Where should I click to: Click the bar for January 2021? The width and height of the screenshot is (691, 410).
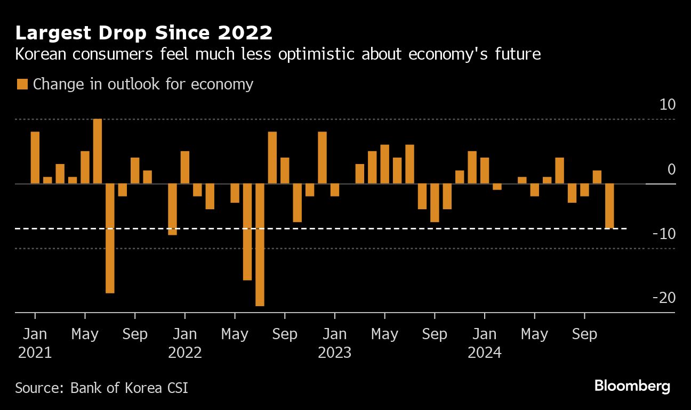pyautogui.click(x=35, y=158)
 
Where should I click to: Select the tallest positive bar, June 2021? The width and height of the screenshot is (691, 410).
pyautogui.click(x=98, y=151)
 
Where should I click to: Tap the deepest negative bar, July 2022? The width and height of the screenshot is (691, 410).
pyautogui.click(x=260, y=245)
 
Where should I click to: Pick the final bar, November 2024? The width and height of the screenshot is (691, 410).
pyautogui.click(x=609, y=206)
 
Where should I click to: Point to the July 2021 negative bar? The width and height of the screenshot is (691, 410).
pyautogui.click(x=110, y=239)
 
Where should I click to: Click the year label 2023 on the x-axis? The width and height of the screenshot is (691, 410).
pyautogui.click(x=335, y=352)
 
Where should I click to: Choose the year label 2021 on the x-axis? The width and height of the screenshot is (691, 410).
pyautogui.click(x=35, y=352)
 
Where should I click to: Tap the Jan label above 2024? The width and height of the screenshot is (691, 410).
pyautogui.click(x=485, y=334)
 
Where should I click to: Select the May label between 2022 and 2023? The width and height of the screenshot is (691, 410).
pyautogui.click(x=235, y=334)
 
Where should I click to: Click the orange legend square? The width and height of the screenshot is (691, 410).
pyautogui.click(x=22, y=84)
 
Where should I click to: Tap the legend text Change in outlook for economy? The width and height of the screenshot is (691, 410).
pyautogui.click(x=143, y=84)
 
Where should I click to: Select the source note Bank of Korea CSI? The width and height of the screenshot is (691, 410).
pyautogui.click(x=129, y=387)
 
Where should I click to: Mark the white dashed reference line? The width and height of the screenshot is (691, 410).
pyautogui.click(x=320, y=228)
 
